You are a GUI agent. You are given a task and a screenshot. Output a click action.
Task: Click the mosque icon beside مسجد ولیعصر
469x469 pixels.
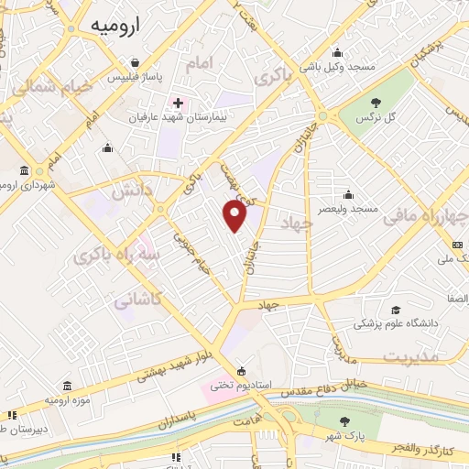coord(348,194)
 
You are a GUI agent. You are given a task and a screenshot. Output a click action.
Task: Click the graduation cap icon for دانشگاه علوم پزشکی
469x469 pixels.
coord(396,310)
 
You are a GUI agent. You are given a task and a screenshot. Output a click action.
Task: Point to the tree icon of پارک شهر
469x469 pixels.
coord(344,421)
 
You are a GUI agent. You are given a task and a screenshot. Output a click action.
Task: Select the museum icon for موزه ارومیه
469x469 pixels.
coord(67,387)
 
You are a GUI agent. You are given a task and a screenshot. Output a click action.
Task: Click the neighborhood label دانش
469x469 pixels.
coord(127,191)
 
